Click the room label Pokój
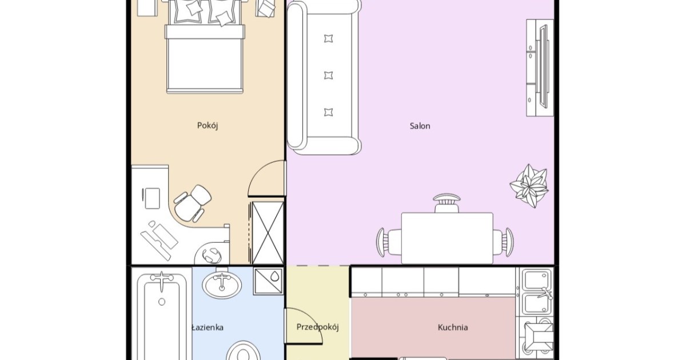click(208, 126)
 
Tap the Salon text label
click(420, 126)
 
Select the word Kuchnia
click(453, 327)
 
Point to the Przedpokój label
click(318, 327)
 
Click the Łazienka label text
click(208, 327)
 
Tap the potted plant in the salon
click(529, 186)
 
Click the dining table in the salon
click(447, 238)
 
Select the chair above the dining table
click(446, 203)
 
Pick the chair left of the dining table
click(389, 242)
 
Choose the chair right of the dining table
click(503, 242)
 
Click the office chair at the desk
click(192, 203)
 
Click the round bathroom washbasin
click(222, 285)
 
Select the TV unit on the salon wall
click(540, 67)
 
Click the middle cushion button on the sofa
click(328, 75)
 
